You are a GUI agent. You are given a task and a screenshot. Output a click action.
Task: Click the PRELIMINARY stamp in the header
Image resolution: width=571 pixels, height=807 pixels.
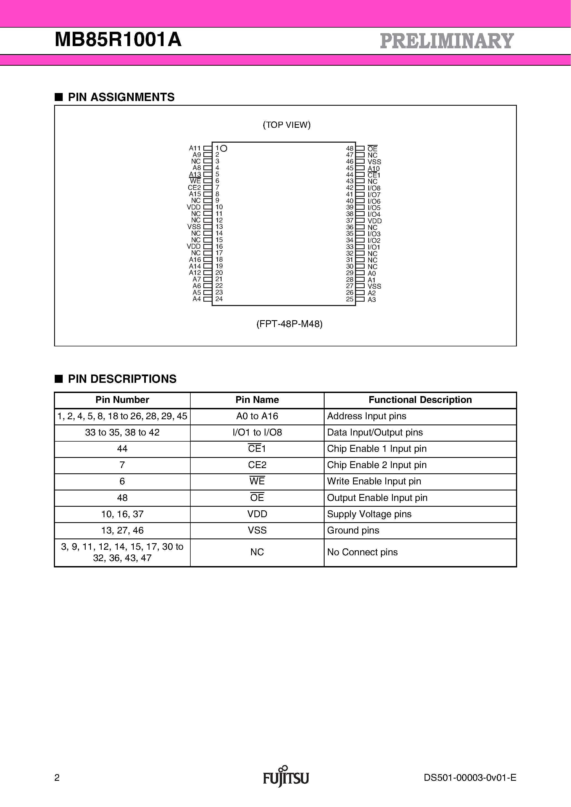pos(447,41)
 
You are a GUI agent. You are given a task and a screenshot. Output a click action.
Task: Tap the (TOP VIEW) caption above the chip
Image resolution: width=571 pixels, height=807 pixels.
pos(286,125)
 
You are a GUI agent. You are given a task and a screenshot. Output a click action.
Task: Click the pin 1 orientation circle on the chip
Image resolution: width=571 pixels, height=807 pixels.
pos(224,148)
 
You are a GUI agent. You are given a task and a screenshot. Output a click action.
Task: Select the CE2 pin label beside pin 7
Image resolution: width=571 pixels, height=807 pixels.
pos(194,188)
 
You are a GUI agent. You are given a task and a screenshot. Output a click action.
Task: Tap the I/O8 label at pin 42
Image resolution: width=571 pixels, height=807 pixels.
pos(374,188)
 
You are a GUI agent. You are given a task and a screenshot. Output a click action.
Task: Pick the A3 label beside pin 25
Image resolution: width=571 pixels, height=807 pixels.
pos(372,299)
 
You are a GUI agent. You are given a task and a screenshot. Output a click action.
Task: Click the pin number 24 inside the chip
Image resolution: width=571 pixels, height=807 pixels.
pos(219,299)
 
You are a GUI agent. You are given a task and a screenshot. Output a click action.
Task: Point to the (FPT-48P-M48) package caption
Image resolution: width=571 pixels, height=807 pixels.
pos(289,324)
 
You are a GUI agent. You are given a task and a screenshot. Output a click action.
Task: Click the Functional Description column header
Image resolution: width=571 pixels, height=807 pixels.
pos(420,400)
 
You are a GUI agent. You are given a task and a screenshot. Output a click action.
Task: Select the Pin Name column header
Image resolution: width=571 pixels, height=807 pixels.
pos(257,400)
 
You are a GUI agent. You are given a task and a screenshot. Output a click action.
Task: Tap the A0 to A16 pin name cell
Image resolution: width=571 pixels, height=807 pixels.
pos(257,416)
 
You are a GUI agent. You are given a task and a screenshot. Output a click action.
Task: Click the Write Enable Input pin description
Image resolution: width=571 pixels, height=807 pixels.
pos(374,481)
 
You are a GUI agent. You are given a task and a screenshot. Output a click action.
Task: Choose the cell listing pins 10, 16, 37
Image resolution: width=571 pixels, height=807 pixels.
pos(122,514)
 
